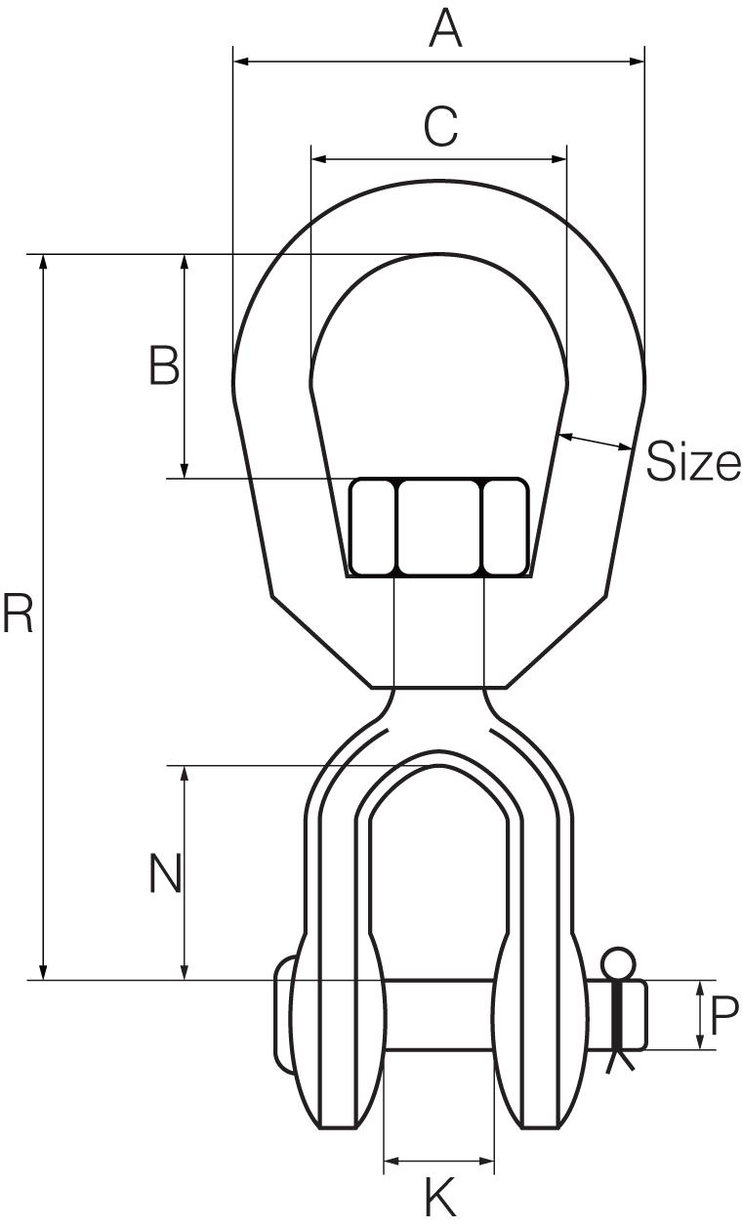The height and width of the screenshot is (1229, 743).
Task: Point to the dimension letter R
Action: pyautogui.click(x=18, y=613)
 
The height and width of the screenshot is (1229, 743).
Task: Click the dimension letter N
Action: pyautogui.click(x=165, y=873)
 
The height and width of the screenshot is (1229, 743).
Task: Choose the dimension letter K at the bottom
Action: pyautogui.click(x=440, y=1198)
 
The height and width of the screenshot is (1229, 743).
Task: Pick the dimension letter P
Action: pyautogui.click(x=724, y=1016)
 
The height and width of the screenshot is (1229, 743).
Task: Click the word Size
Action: pyautogui.click(x=694, y=462)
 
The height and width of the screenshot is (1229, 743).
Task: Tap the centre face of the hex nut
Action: pyautogui.click(x=439, y=527)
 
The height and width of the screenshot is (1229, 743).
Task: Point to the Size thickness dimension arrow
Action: pyautogui.click(x=596, y=442)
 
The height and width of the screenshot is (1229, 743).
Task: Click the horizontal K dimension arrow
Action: pyautogui.click(x=439, y=1162)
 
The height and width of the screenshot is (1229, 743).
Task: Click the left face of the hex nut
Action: pyautogui.click(x=373, y=527)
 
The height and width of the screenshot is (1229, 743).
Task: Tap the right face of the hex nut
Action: pyautogui.click(x=505, y=527)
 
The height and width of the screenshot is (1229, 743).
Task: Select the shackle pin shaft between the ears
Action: pyautogui.click(x=439, y=1016)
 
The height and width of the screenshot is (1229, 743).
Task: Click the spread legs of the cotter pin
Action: pyautogui.click(x=619, y=1061)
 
